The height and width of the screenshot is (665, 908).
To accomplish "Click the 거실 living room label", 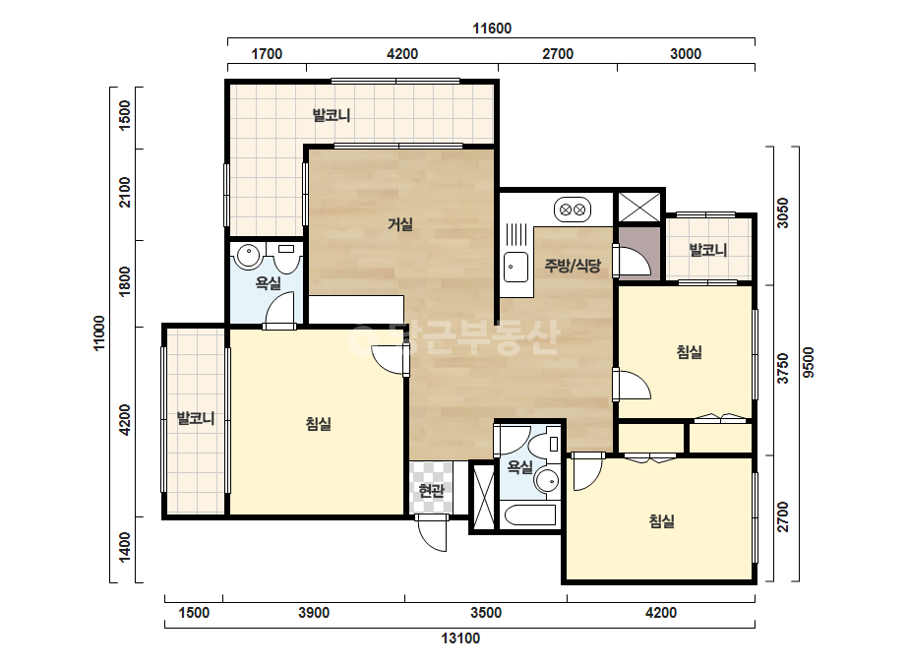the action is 400,223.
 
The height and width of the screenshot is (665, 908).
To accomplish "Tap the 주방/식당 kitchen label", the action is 573,266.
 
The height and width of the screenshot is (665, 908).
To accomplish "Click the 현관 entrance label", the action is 431,491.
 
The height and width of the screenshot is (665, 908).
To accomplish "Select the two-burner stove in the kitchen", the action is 573,210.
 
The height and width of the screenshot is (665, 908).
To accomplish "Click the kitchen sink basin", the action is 515,267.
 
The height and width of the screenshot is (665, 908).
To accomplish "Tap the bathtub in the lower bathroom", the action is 530,514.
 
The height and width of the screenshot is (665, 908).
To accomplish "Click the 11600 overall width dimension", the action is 492,29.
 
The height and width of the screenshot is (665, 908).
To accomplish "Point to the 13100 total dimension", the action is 460,638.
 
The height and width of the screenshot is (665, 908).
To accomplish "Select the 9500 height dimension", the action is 809,363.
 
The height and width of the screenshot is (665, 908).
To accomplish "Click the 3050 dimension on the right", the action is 782,213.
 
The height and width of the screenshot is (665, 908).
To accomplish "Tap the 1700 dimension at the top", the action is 267,54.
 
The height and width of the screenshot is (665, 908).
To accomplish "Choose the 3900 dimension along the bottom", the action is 313,612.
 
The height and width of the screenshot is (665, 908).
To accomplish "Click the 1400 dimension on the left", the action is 125,547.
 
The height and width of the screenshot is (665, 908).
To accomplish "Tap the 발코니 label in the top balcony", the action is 332,115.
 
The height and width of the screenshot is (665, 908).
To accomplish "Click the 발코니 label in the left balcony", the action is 196,418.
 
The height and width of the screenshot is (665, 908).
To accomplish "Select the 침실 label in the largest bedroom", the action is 318,424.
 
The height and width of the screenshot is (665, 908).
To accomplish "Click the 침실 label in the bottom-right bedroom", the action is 661,520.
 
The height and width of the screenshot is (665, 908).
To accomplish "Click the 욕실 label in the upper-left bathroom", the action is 269,283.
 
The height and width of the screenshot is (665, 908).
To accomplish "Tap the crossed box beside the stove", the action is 638,208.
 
